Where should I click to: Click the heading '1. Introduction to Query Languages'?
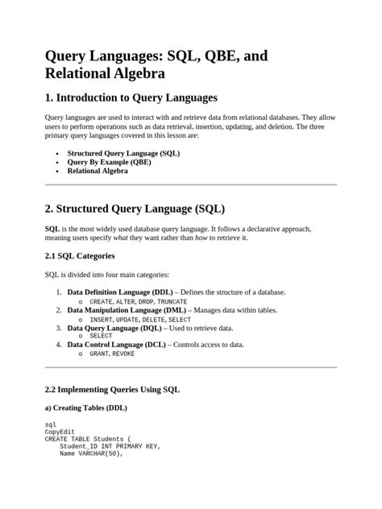coord(131,97)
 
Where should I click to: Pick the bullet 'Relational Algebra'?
coord(98,172)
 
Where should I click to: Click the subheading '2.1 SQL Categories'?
coord(80,256)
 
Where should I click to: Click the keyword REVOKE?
coord(123,354)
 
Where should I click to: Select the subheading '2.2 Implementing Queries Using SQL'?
coord(112,389)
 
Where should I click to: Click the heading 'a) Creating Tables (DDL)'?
coord(85,408)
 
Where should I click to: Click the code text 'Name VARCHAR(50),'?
coord(90,453)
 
